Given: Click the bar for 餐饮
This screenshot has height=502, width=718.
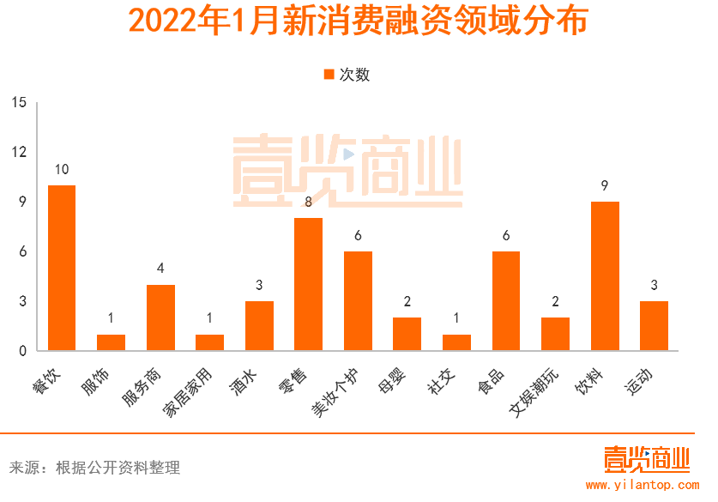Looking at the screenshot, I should pos(62,268).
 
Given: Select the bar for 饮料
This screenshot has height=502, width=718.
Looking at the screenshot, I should pos(605,276).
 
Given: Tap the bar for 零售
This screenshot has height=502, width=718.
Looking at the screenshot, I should pos(309,284).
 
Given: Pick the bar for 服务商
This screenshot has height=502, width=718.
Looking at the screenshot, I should pos(160,318).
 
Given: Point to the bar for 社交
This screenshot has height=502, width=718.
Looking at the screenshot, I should pos(456,342).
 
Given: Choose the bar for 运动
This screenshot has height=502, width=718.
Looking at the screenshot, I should pos(654,325).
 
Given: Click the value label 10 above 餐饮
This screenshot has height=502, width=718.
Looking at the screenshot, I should pos(62,169).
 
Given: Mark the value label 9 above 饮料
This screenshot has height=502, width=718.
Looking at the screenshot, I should pos(605,185).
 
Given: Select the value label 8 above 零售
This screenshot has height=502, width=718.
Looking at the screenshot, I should pos(309,202).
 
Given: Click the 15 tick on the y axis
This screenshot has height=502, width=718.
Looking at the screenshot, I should pos(19,103).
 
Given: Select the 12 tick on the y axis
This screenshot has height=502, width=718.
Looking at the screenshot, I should pos(19,152).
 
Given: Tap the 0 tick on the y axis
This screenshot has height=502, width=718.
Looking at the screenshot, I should pos(22,351).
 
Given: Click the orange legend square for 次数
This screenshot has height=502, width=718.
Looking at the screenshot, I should pos(329,75).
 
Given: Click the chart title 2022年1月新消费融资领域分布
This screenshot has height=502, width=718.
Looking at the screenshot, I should pos(358,21).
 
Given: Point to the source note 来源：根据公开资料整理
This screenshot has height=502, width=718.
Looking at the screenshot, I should pos(94,468).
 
